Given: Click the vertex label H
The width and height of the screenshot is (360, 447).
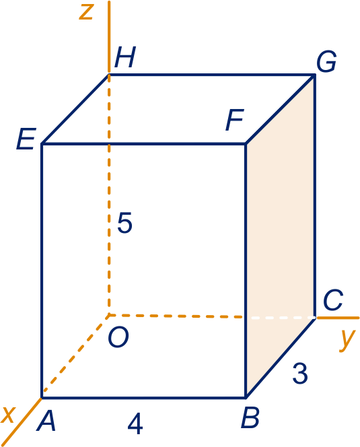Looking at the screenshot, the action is pyautogui.click(x=125, y=57).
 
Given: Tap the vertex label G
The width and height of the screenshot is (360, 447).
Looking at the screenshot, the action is pyautogui.click(x=326, y=61).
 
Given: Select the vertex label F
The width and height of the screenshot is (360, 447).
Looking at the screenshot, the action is pyautogui.click(x=235, y=120).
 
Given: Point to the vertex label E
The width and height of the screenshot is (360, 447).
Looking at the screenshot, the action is pyautogui.click(x=26, y=139).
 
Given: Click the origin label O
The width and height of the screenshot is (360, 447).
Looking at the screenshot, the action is pyautogui.click(x=118, y=337).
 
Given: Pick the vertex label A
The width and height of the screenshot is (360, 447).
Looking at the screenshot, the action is pyautogui.click(x=46, y=421).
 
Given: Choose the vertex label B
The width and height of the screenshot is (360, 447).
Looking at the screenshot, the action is pyautogui.click(x=250, y=417).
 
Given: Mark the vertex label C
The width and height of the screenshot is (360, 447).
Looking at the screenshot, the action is pyautogui.click(x=333, y=300).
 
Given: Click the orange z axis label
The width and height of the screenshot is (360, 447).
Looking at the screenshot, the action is pyautogui.click(x=86, y=13).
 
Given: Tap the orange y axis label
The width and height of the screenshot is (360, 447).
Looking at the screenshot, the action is pyautogui.click(x=347, y=341).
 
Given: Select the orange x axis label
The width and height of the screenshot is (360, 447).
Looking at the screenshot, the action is pyautogui.click(x=7, y=415).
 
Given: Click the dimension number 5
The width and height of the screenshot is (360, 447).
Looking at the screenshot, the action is pyautogui.click(x=125, y=223).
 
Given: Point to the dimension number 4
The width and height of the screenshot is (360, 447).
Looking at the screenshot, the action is pyautogui.click(x=135, y=424).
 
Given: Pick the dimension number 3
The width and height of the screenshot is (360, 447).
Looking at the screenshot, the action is pyautogui.click(x=300, y=373).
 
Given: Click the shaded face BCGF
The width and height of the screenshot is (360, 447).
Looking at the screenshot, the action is pyautogui.click(x=281, y=234).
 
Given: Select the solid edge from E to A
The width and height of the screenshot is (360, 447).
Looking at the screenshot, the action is pyautogui.click(x=42, y=271).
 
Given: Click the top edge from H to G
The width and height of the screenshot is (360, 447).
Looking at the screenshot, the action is pyautogui.click(x=212, y=75).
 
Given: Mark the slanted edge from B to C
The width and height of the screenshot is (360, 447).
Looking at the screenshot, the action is pyautogui.click(x=281, y=357).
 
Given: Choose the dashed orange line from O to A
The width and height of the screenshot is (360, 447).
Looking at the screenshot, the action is pyautogui.click(x=75, y=356).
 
